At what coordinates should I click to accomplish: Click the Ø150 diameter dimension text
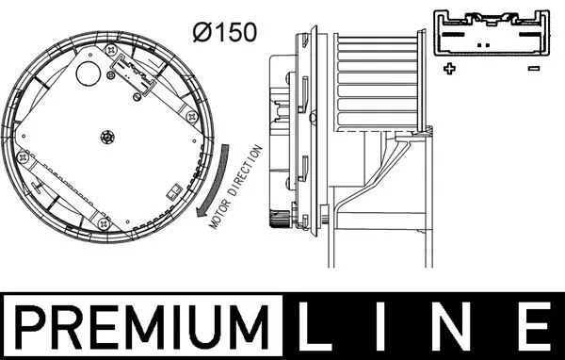click(225, 32)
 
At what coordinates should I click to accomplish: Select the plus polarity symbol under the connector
click(448, 68)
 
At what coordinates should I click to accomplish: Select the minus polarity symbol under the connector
click(533, 68)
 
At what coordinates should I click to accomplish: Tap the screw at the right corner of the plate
click(192, 116)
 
